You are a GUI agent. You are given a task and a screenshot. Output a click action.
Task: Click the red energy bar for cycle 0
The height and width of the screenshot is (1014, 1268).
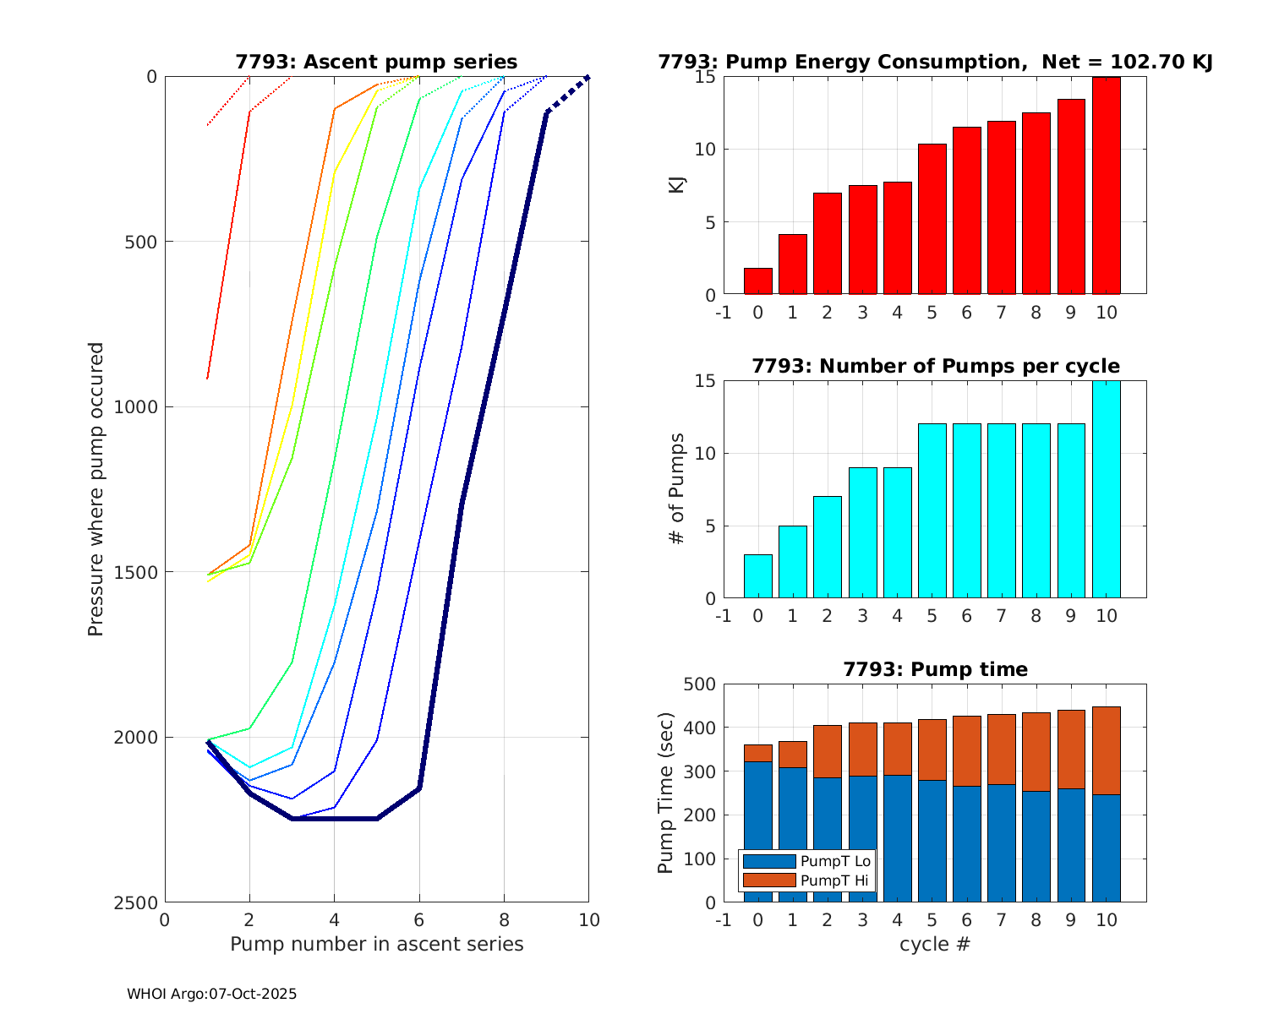click(x=757, y=281)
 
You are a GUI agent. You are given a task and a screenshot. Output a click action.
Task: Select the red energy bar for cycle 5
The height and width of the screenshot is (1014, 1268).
click(x=932, y=220)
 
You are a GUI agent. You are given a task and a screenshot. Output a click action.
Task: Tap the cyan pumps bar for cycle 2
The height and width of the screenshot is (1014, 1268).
click(x=828, y=548)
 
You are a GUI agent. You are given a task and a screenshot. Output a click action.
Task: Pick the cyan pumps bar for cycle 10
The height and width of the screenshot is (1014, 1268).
click(x=1106, y=490)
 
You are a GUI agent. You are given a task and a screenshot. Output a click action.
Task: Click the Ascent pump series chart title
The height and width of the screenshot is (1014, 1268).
click(x=376, y=62)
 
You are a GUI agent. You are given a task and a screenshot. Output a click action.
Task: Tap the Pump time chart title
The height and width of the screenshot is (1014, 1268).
click(x=935, y=669)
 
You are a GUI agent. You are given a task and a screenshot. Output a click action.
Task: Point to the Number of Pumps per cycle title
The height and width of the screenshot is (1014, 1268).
click(x=935, y=366)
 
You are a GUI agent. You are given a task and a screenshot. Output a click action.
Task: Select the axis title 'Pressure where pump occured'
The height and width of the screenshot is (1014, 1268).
click(x=96, y=489)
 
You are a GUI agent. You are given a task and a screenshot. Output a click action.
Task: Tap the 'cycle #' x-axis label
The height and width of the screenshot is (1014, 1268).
click(x=935, y=944)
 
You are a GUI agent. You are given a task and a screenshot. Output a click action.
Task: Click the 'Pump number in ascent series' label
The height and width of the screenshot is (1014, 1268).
click(x=376, y=944)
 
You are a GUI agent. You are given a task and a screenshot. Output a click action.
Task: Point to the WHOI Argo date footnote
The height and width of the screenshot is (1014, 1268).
click(x=211, y=995)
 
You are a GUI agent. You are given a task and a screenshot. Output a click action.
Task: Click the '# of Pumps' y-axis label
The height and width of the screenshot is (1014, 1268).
click(x=677, y=489)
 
